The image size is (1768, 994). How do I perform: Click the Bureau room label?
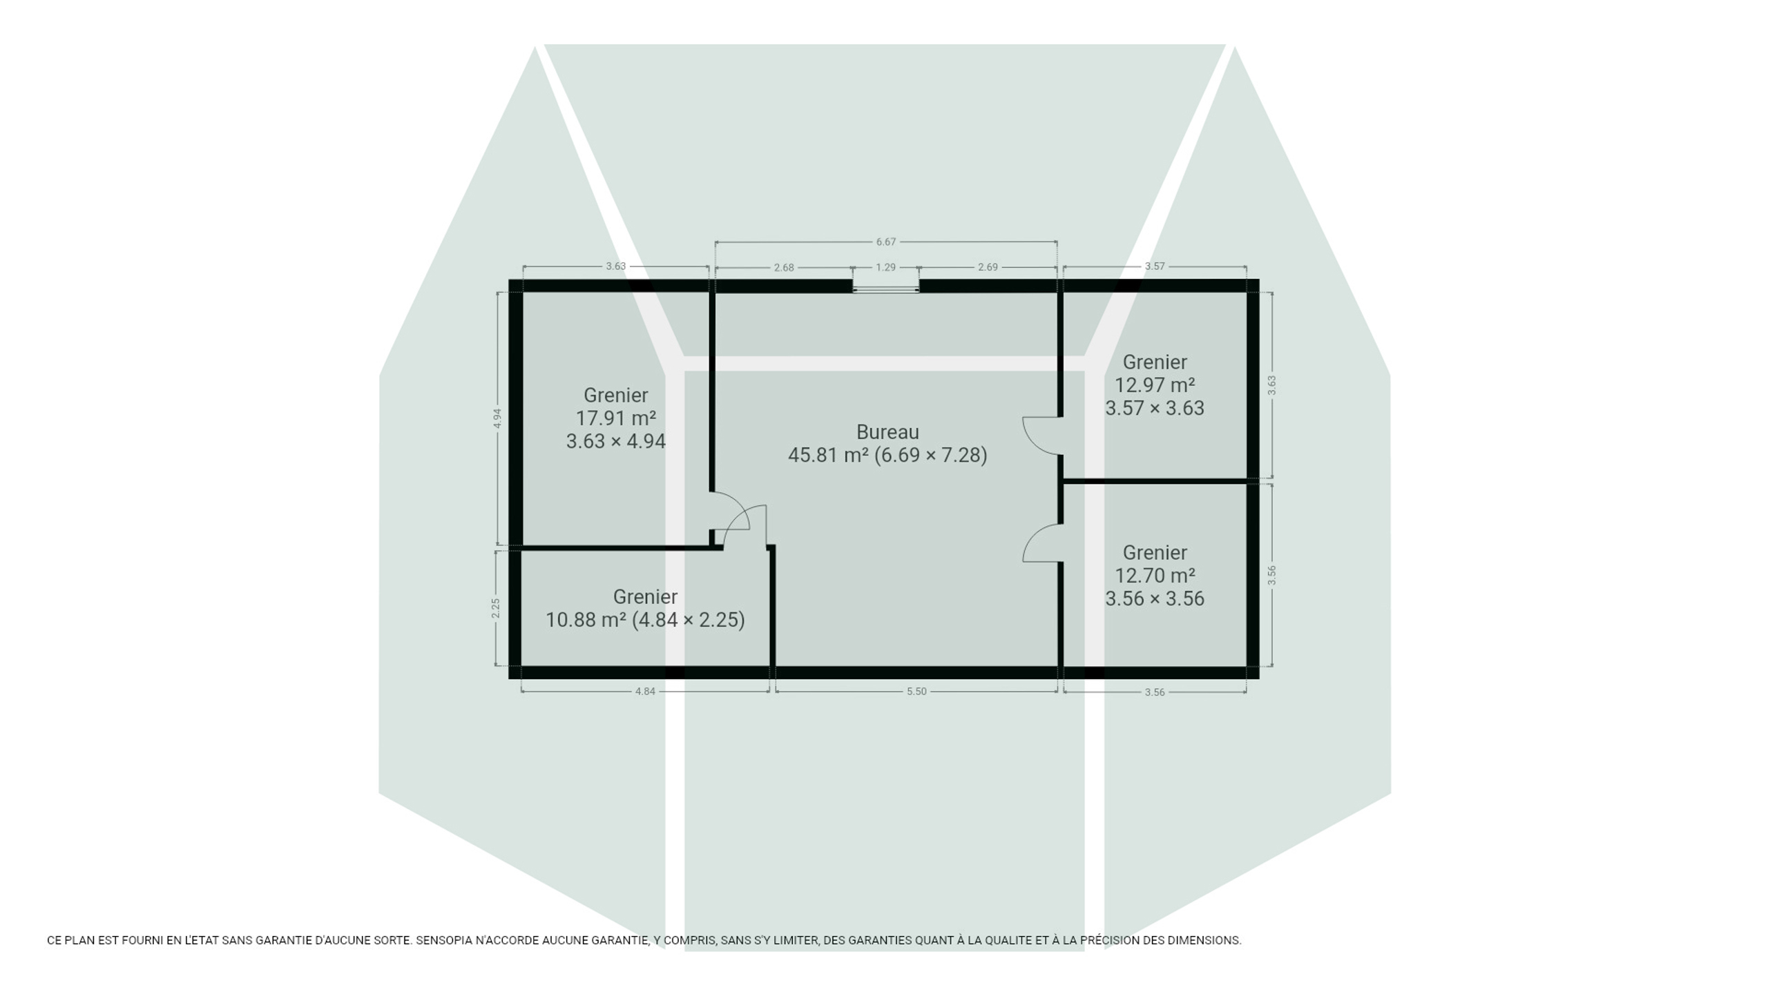coord(887,432)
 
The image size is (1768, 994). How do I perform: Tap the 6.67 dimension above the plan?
coord(885,242)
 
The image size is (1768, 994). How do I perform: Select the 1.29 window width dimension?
coord(885,267)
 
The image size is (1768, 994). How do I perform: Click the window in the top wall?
coord(886,286)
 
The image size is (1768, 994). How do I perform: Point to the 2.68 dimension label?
coord(784,268)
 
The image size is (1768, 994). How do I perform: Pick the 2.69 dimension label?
coord(988,267)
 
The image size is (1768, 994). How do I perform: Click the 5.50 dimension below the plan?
coord(916,692)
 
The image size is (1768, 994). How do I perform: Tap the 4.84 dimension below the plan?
coord(645,692)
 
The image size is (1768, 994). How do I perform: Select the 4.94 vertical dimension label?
coord(497,418)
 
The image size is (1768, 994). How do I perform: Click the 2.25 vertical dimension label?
coord(496,608)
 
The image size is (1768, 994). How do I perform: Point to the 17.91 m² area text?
coord(616,418)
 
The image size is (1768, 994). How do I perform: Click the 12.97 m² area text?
coord(1155,385)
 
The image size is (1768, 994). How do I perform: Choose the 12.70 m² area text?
coord(1155,576)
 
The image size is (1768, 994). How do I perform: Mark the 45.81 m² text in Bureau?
coord(829,456)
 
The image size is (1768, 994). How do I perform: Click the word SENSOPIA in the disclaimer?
coord(445,940)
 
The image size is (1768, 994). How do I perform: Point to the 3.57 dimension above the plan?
coord(1155,266)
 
